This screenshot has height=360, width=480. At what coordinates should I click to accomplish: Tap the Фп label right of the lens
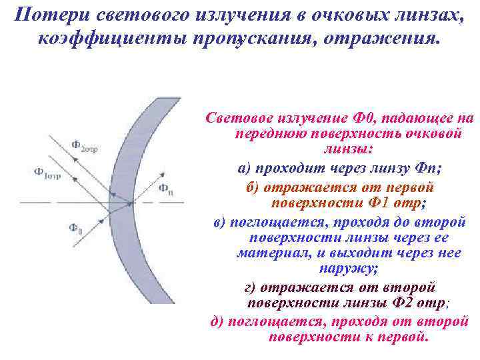(166, 188)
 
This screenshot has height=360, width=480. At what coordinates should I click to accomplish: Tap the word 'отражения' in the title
(385, 38)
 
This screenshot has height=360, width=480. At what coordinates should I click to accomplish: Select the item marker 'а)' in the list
(245, 167)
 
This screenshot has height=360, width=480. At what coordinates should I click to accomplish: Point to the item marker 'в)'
(221, 222)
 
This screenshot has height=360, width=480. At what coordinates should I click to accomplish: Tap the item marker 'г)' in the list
(250, 287)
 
